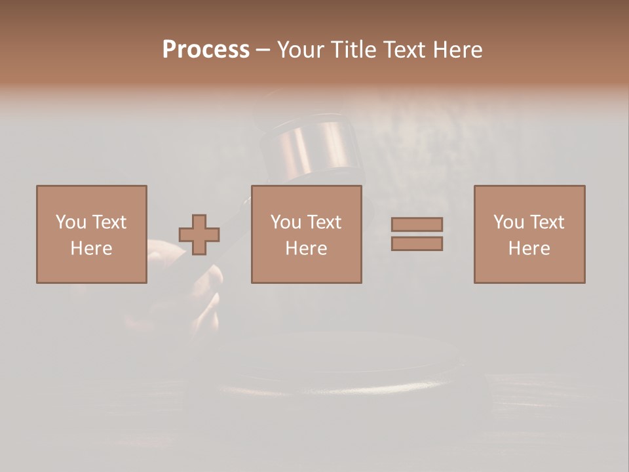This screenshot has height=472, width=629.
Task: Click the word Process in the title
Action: point(206,50)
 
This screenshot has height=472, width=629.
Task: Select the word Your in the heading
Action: point(299,50)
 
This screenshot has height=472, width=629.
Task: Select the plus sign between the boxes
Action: point(199,235)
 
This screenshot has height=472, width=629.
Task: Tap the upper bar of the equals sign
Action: point(417,224)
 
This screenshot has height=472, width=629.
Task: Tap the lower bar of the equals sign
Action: point(417,243)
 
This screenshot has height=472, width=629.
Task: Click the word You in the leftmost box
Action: point(71,222)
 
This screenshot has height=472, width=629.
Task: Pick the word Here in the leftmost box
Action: point(91,248)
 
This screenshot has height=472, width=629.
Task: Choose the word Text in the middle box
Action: point(324,222)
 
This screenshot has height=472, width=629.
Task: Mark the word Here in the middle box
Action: point(306,248)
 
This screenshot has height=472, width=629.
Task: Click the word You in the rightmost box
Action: point(508,222)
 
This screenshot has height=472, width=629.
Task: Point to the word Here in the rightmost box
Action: point(529,248)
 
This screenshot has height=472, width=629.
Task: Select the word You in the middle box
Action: point(286,222)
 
